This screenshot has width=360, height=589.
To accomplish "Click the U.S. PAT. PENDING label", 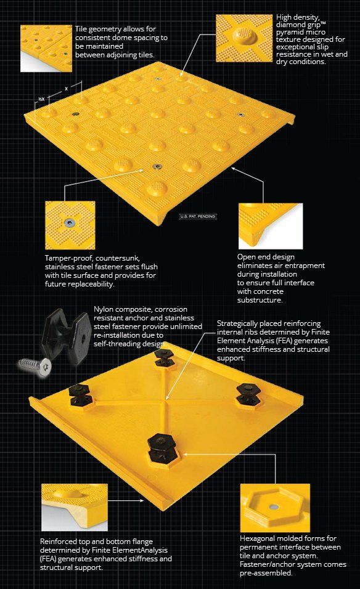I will pos(198,217).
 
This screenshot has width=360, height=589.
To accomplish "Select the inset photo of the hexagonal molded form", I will pos(275,507).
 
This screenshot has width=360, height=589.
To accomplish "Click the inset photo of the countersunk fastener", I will pos(70,225).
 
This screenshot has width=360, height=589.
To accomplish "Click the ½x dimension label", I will pos(41,99).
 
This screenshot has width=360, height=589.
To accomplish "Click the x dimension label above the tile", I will pos(66,88).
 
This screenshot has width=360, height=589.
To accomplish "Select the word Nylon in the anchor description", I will pos(104,309).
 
